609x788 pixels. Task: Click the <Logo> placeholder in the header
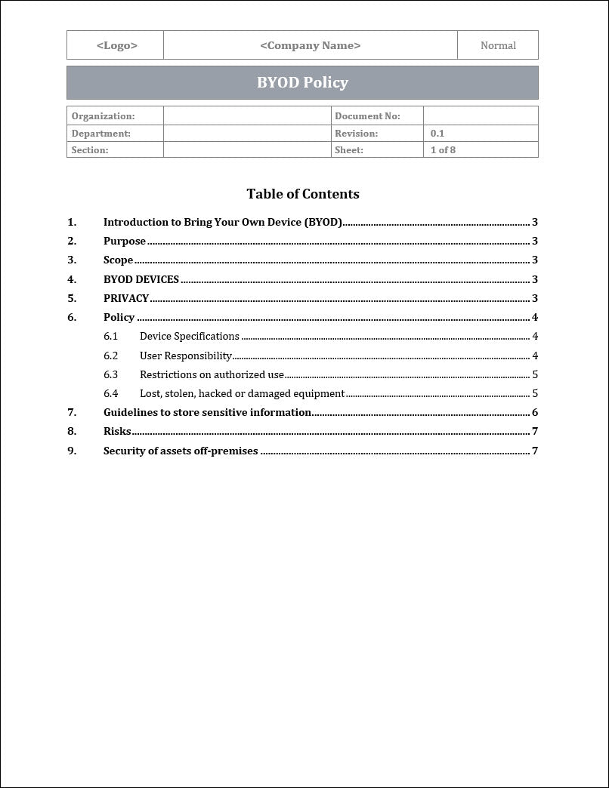pos(116,45)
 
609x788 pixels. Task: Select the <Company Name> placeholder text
pos(310,45)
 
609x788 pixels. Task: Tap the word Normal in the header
pos(498,45)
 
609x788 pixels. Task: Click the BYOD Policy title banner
pos(302,82)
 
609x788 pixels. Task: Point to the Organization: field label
pos(103,116)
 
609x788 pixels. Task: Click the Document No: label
pos(367,116)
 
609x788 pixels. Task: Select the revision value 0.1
pos(437,133)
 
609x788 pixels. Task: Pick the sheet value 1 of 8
pos(443,149)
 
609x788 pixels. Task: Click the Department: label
pos(100,133)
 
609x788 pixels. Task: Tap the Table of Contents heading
pos(302,194)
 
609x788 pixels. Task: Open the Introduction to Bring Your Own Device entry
pos(222,222)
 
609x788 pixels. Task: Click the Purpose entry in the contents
pos(124,241)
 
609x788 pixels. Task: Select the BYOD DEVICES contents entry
pos(141,279)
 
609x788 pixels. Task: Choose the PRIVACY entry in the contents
pos(125,298)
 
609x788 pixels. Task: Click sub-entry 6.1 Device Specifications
pos(189,336)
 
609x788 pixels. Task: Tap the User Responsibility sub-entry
pos(185,356)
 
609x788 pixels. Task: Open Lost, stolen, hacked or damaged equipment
pos(242,393)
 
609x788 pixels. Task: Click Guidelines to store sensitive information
pos(207,412)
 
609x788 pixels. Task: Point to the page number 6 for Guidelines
pos(535,412)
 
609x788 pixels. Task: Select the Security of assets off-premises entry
pos(181,451)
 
